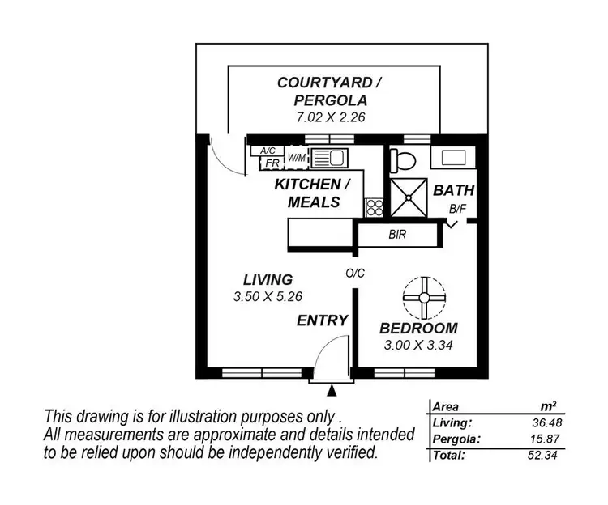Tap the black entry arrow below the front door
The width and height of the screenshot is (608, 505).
point(331,392)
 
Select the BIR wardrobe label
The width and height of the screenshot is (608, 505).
point(397,236)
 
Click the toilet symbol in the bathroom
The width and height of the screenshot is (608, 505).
point(402,159)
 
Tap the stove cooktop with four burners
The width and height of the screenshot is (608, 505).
point(374,206)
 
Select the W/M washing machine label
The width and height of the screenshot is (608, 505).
point(297,157)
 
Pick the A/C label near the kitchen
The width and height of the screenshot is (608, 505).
point(267,151)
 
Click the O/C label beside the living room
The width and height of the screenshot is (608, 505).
point(355,274)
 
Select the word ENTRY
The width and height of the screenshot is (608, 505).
point(322,320)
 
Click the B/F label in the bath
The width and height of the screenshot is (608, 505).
point(459,210)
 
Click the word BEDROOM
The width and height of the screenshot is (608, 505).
point(418,329)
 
